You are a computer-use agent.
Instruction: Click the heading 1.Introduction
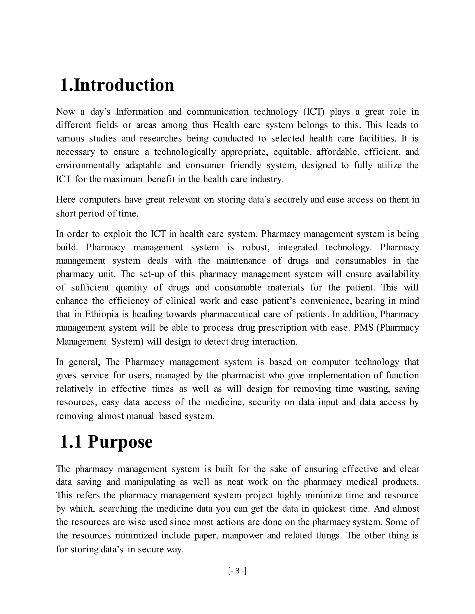point(117,85)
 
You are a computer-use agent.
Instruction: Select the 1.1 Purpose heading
point(106,442)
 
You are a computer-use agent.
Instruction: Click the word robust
point(256,247)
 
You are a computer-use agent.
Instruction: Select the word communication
point(218,112)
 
